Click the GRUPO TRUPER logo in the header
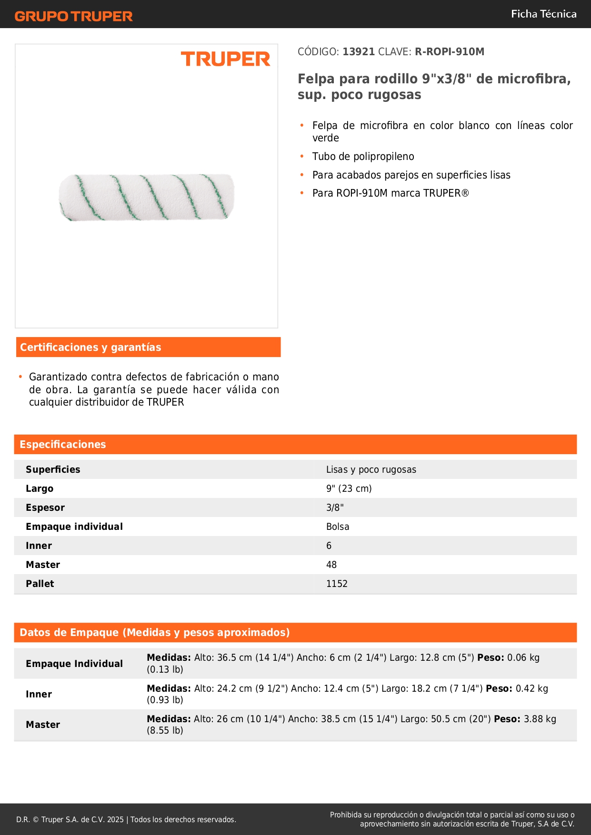(x=74, y=16)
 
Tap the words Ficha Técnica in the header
(x=543, y=14)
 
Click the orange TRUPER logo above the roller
(x=225, y=59)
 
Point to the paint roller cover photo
(x=147, y=197)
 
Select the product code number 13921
(x=359, y=52)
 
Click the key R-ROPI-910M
(x=449, y=52)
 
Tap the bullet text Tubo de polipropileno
(x=363, y=157)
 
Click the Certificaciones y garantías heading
(x=90, y=348)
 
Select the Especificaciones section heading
(x=63, y=445)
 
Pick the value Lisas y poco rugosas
(x=371, y=470)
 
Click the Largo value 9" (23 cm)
(x=349, y=489)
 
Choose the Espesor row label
(x=45, y=508)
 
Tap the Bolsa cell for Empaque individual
(x=338, y=527)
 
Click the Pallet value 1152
(x=337, y=584)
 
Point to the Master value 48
(x=331, y=565)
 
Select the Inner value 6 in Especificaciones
(x=329, y=546)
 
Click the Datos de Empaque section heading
(x=154, y=633)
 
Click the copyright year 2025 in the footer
(x=115, y=820)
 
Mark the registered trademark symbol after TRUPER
(x=465, y=193)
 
